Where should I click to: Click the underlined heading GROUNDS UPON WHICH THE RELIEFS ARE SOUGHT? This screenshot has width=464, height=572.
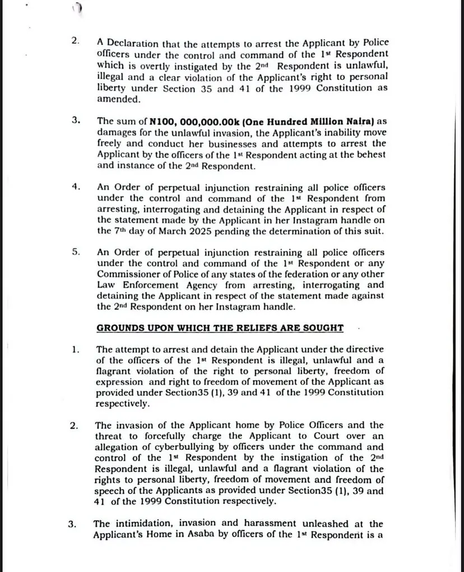point(220,328)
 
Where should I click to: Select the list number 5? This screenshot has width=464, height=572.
point(76,252)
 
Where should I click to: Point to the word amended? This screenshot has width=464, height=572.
point(118,99)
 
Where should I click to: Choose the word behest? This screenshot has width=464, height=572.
point(370,154)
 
